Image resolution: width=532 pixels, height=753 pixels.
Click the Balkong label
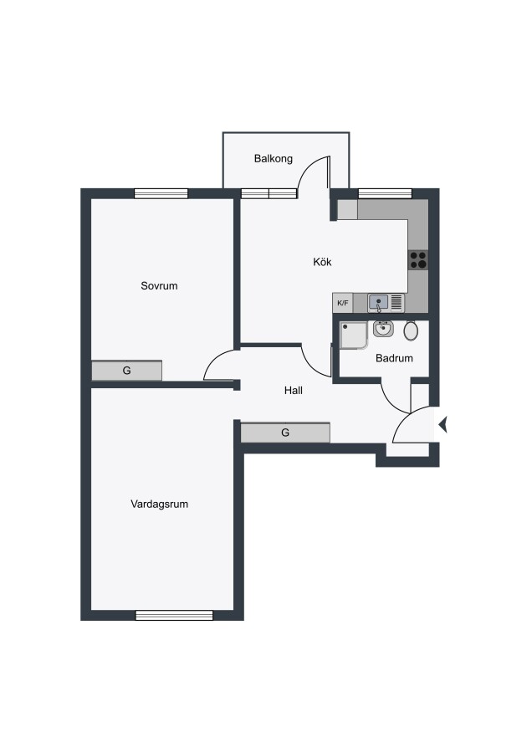[x=274, y=159]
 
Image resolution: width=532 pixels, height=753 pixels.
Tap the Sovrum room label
[x=159, y=286]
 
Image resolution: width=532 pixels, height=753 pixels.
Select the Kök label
[x=322, y=262]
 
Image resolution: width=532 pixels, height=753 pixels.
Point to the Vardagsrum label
[x=160, y=505]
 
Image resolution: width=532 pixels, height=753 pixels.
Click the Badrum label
[x=394, y=358]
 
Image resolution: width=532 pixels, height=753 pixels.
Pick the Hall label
[x=294, y=391]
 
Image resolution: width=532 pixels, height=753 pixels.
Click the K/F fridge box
[x=343, y=303]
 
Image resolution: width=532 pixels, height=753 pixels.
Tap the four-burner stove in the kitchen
[x=418, y=260]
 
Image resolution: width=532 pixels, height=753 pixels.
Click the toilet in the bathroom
[x=411, y=330]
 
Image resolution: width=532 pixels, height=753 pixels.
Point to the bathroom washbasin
[x=383, y=329]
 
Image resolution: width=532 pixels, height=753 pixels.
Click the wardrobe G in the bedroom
[x=127, y=371]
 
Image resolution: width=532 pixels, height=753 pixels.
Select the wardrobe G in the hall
[x=285, y=433]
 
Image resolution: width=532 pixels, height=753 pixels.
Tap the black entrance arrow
[x=443, y=424]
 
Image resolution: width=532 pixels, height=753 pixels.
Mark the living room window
[x=174, y=615]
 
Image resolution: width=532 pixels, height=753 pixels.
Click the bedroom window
[x=161, y=193]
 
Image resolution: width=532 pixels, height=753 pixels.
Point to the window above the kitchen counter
[x=385, y=193]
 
